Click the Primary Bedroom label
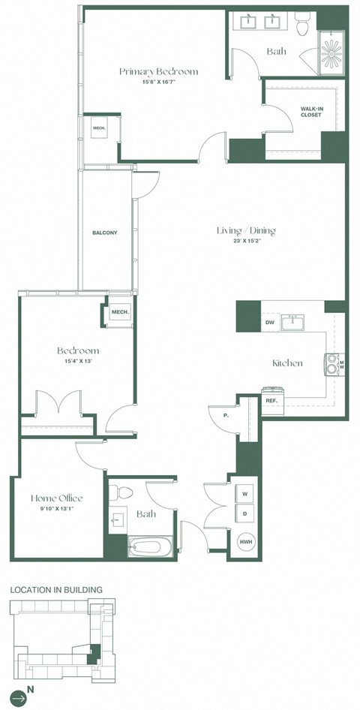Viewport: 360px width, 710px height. pos(159,71)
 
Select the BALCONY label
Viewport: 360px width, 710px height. pos(104,233)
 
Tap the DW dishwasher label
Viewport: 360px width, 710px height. pos(269,323)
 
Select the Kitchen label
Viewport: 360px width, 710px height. pos(287,363)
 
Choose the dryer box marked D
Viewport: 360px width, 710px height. pos(245,514)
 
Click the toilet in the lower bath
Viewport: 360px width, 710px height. pos(121,494)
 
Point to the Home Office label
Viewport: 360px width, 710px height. pos(56,498)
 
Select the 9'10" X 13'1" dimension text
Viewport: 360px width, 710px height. pos(56,510)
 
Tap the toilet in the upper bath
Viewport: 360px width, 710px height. pos(302,26)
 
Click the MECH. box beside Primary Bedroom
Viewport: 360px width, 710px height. pos(99,129)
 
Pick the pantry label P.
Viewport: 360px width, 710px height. pos(225,415)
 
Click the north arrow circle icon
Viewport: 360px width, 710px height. pos(18,697)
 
